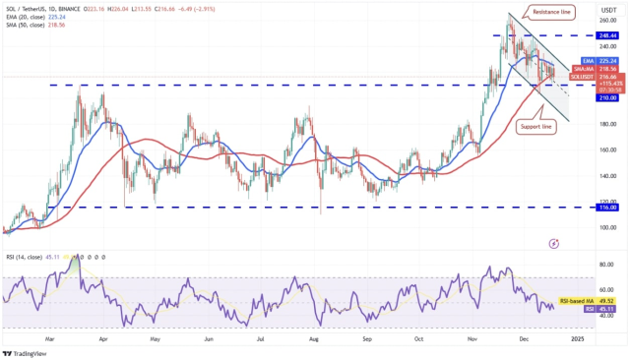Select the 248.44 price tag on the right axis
(605, 34)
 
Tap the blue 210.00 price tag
(605, 97)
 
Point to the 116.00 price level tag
(605, 208)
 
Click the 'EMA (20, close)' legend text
(25, 16)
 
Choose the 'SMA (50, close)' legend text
(25, 25)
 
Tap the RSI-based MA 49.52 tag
(591, 299)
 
